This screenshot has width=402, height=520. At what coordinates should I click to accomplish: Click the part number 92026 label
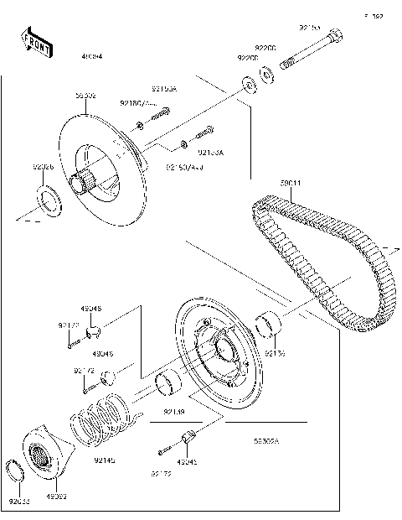[x=44, y=169]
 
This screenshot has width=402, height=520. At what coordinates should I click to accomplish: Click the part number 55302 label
[x=85, y=96]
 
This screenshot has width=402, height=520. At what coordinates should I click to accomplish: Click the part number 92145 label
[x=105, y=460]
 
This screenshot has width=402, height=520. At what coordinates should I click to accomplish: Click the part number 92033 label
[x=19, y=502]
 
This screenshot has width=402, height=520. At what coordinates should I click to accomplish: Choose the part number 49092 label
[x=56, y=496]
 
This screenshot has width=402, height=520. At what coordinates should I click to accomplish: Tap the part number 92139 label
[x=173, y=412]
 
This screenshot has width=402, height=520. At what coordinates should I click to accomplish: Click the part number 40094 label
[x=91, y=57]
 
